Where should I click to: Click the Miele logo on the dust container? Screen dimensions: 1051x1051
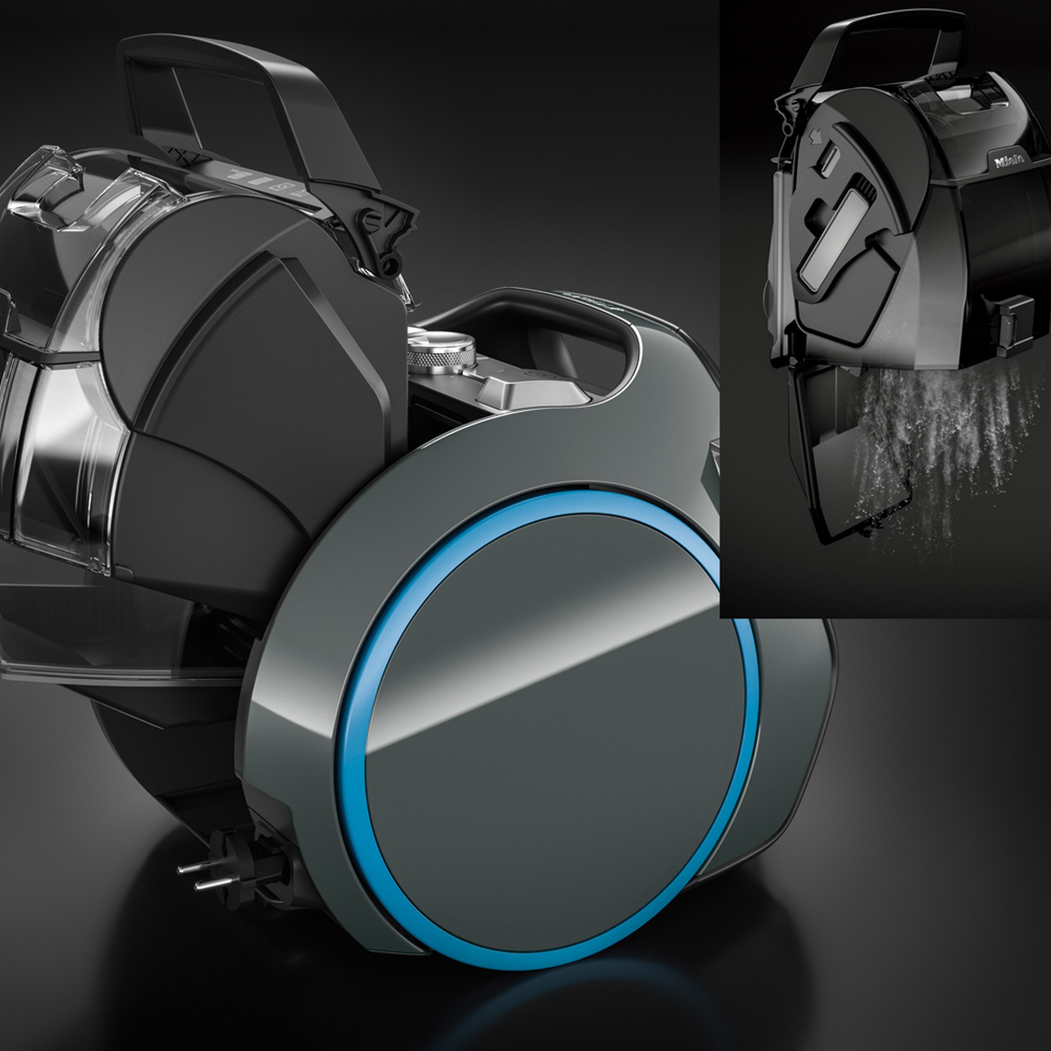click(1009, 161)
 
